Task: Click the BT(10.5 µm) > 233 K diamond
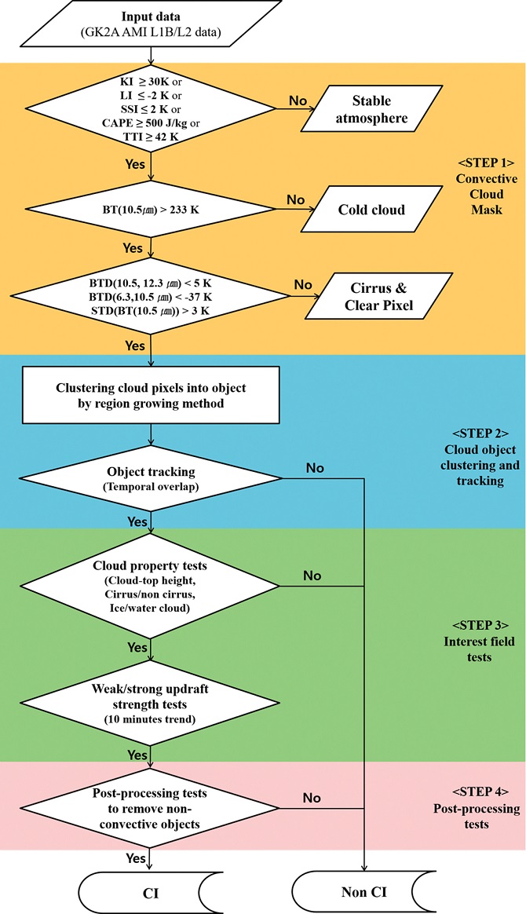click(x=149, y=210)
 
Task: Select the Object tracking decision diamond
click(x=149, y=477)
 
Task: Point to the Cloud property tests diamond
click(x=149, y=584)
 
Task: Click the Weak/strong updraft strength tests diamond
click(x=149, y=697)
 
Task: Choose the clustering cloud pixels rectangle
click(x=149, y=397)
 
